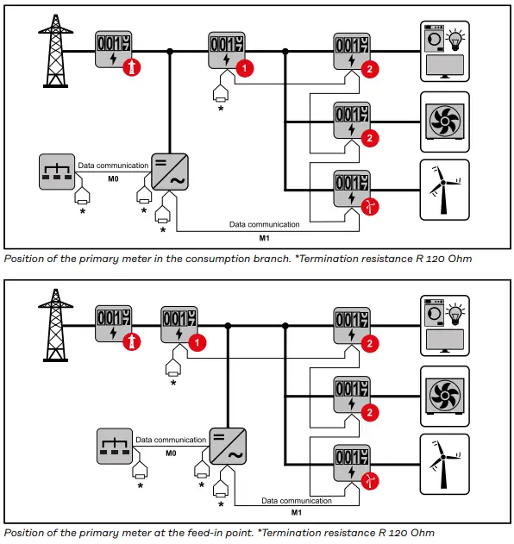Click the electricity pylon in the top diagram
tap(55, 51)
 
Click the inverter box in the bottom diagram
tap(228, 447)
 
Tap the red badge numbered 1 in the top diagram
tap(245, 68)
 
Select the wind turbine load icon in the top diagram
tap(445, 190)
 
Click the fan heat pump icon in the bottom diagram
tap(445, 396)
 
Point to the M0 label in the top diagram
tap(113, 178)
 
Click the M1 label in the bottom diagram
tap(297, 512)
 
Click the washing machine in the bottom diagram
tap(434, 313)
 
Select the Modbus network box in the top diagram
tap(57, 172)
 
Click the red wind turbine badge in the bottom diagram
tap(370, 481)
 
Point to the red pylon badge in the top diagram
tap(132, 67)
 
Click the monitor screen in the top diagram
tap(445, 66)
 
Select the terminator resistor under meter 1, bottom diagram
tap(173, 368)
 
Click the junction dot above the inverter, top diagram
tap(170, 52)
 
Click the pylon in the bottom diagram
tap(55, 325)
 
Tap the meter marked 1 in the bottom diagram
tap(179, 324)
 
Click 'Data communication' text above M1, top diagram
tap(265, 224)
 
